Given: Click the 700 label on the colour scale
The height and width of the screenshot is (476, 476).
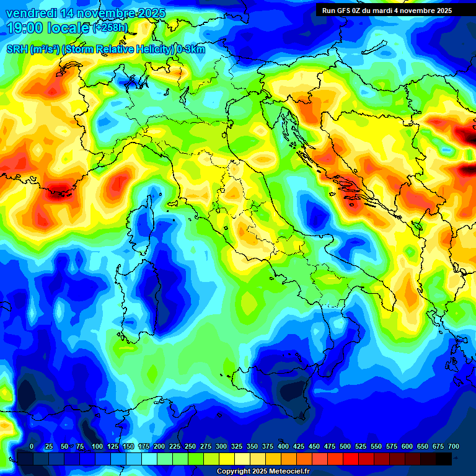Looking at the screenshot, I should coord(454,446).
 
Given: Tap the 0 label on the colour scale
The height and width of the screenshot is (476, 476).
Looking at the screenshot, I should coord(32,446).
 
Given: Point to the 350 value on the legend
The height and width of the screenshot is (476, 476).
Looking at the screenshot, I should coord(252,446).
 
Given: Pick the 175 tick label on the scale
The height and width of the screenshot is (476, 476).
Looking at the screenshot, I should coord(144,446).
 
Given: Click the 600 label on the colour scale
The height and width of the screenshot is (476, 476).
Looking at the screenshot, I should coord(407,446).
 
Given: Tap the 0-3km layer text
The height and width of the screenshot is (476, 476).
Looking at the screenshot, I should coord(190,50).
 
